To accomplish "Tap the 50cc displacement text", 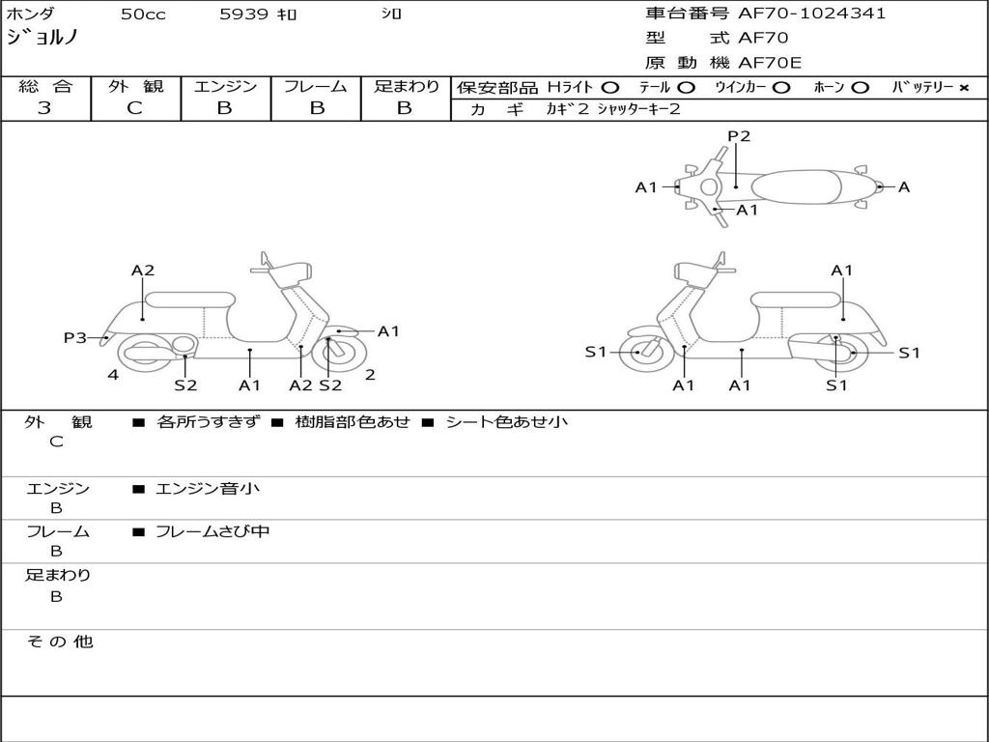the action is [x=141, y=14].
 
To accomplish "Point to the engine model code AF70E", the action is [x=770, y=64].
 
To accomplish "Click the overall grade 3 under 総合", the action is [x=44, y=108].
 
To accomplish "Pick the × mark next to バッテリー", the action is [x=963, y=87].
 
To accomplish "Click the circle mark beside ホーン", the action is [x=860, y=87].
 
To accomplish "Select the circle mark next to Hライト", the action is [x=609, y=87].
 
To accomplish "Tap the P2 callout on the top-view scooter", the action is [x=739, y=136].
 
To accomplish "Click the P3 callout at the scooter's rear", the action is [x=75, y=337].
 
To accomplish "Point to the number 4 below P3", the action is [x=113, y=375].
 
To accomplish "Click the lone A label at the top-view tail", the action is [x=904, y=187].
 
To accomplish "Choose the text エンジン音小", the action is [x=208, y=489].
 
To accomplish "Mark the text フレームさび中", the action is [x=212, y=531].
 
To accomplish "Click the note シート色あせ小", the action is [x=506, y=421].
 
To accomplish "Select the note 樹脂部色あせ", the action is [x=353, y=421].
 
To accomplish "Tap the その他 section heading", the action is [x=59, y=642].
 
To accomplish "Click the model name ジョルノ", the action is [x=42, y=38].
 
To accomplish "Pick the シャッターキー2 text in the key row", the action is [x=638, y=109].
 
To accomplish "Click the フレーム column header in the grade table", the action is [x=315, y=86].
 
